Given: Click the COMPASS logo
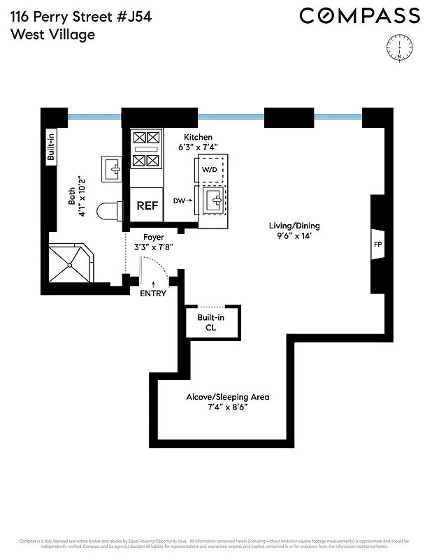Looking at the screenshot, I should click(359, 15).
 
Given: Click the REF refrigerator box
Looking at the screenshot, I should click(147, 205).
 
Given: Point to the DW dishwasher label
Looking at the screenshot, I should click(179, 201).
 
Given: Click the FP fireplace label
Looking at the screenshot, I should click(378, 245).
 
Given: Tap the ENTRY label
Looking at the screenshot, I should click(154, 293).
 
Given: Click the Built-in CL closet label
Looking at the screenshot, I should click(210, 322).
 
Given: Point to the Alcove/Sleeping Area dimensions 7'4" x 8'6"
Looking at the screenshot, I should click(227, 407).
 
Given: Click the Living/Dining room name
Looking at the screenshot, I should click(294, 225).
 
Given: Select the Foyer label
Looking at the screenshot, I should click(153, 238).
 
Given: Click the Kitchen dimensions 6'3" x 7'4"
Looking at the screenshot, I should click(199, 147).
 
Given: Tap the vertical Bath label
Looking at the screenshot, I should click(72, 198).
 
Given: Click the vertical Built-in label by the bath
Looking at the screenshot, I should click(51, 147).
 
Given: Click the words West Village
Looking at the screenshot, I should click(52, 34).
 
